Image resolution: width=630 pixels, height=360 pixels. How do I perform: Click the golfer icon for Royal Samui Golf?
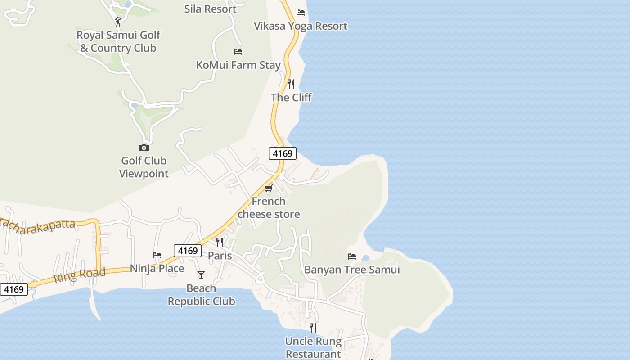(118, 21)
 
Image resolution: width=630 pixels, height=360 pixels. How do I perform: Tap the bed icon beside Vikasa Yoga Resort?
(301, 12)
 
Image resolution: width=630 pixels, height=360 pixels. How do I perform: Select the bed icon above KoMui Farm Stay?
(238, 52)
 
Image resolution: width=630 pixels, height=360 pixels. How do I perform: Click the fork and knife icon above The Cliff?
(291, 84)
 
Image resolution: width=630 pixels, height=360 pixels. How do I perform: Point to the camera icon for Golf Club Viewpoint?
(144, 148)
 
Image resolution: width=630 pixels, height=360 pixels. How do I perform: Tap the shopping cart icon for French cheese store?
(269, 188)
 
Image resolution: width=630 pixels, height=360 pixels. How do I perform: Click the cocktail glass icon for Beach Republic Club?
(201, 274)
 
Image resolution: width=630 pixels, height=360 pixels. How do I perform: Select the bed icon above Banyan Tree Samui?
(352, 256)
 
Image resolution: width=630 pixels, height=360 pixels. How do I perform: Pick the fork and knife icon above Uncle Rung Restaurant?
(313, 328)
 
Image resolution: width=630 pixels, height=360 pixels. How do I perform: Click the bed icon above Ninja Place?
(157, 255)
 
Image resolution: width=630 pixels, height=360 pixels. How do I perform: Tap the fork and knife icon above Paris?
(220, 243)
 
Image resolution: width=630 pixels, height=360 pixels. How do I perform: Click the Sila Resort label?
(210, 9)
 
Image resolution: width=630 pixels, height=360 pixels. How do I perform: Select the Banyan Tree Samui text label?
(352, 270)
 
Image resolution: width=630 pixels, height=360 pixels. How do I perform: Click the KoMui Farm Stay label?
(238, 65)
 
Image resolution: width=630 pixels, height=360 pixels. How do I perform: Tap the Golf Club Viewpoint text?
(144, 167)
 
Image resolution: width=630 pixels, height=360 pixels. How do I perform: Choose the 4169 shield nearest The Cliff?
(283, 153)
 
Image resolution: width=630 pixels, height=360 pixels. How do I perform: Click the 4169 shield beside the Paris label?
(188, 251)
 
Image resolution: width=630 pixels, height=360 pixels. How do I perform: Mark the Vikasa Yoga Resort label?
(301, 26)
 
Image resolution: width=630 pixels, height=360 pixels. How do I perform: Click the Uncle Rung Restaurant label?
(313, 347)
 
